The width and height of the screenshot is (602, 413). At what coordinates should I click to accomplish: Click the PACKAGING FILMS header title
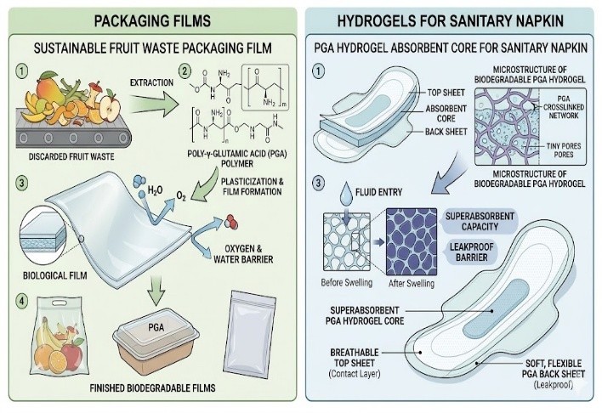click(x=152, y=20)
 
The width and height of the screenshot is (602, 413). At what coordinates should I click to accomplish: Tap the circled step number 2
click(x=185, y=71)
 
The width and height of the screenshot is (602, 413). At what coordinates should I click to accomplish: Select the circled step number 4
click(x=21, y=302)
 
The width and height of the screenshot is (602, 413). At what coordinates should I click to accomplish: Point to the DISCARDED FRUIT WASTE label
click(x=71, y=156)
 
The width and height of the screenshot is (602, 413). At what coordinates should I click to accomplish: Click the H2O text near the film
click(x=155, y=190)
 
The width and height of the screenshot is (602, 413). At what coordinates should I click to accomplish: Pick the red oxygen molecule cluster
click(x=231, y=222)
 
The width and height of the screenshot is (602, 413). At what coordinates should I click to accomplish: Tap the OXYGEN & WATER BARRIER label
click(x=243, y=254)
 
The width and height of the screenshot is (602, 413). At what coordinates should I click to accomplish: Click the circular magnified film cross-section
click(x=43, y=235)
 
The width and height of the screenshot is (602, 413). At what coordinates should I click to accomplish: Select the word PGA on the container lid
click(x=156, y=327)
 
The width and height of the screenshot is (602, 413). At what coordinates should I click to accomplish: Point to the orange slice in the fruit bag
click(x=58, y=361)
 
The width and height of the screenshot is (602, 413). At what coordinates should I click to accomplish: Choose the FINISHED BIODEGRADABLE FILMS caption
click(x=152, y=388)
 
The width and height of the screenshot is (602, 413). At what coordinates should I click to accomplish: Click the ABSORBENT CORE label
click(x=446, y=114)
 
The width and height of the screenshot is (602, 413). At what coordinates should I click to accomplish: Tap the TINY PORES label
click(x=564, y=146)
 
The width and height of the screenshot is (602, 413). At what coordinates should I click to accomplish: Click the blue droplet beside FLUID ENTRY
click(x=346, y=192)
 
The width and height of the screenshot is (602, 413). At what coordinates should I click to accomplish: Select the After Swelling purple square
click(x=412, y=242)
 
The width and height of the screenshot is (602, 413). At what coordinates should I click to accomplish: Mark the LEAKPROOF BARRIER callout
click(x=471, y=252)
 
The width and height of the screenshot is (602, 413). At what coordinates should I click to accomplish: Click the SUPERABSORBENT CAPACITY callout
click(x=480, y=222)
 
